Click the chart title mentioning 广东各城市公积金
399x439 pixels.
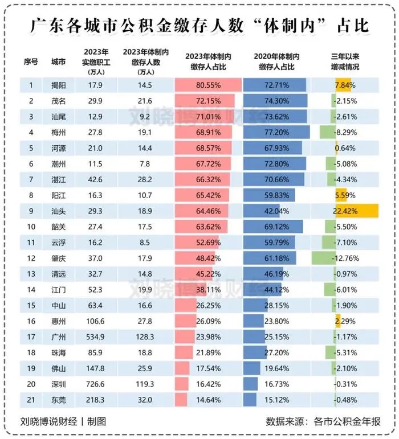click(x=199, y=26)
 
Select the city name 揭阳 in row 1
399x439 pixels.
click(x=59, y=85)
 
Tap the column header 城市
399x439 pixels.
click(x=58, y=61)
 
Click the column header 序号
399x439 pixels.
click(x=31, y=61)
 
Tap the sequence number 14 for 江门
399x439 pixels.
click(x=31, y=289)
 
